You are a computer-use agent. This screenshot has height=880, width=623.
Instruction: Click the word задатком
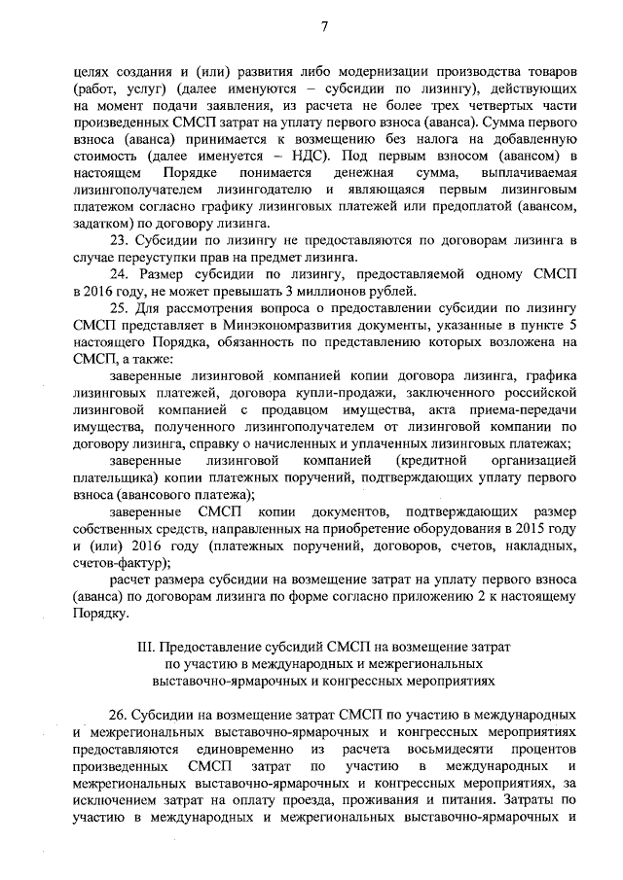pos(103,223)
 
